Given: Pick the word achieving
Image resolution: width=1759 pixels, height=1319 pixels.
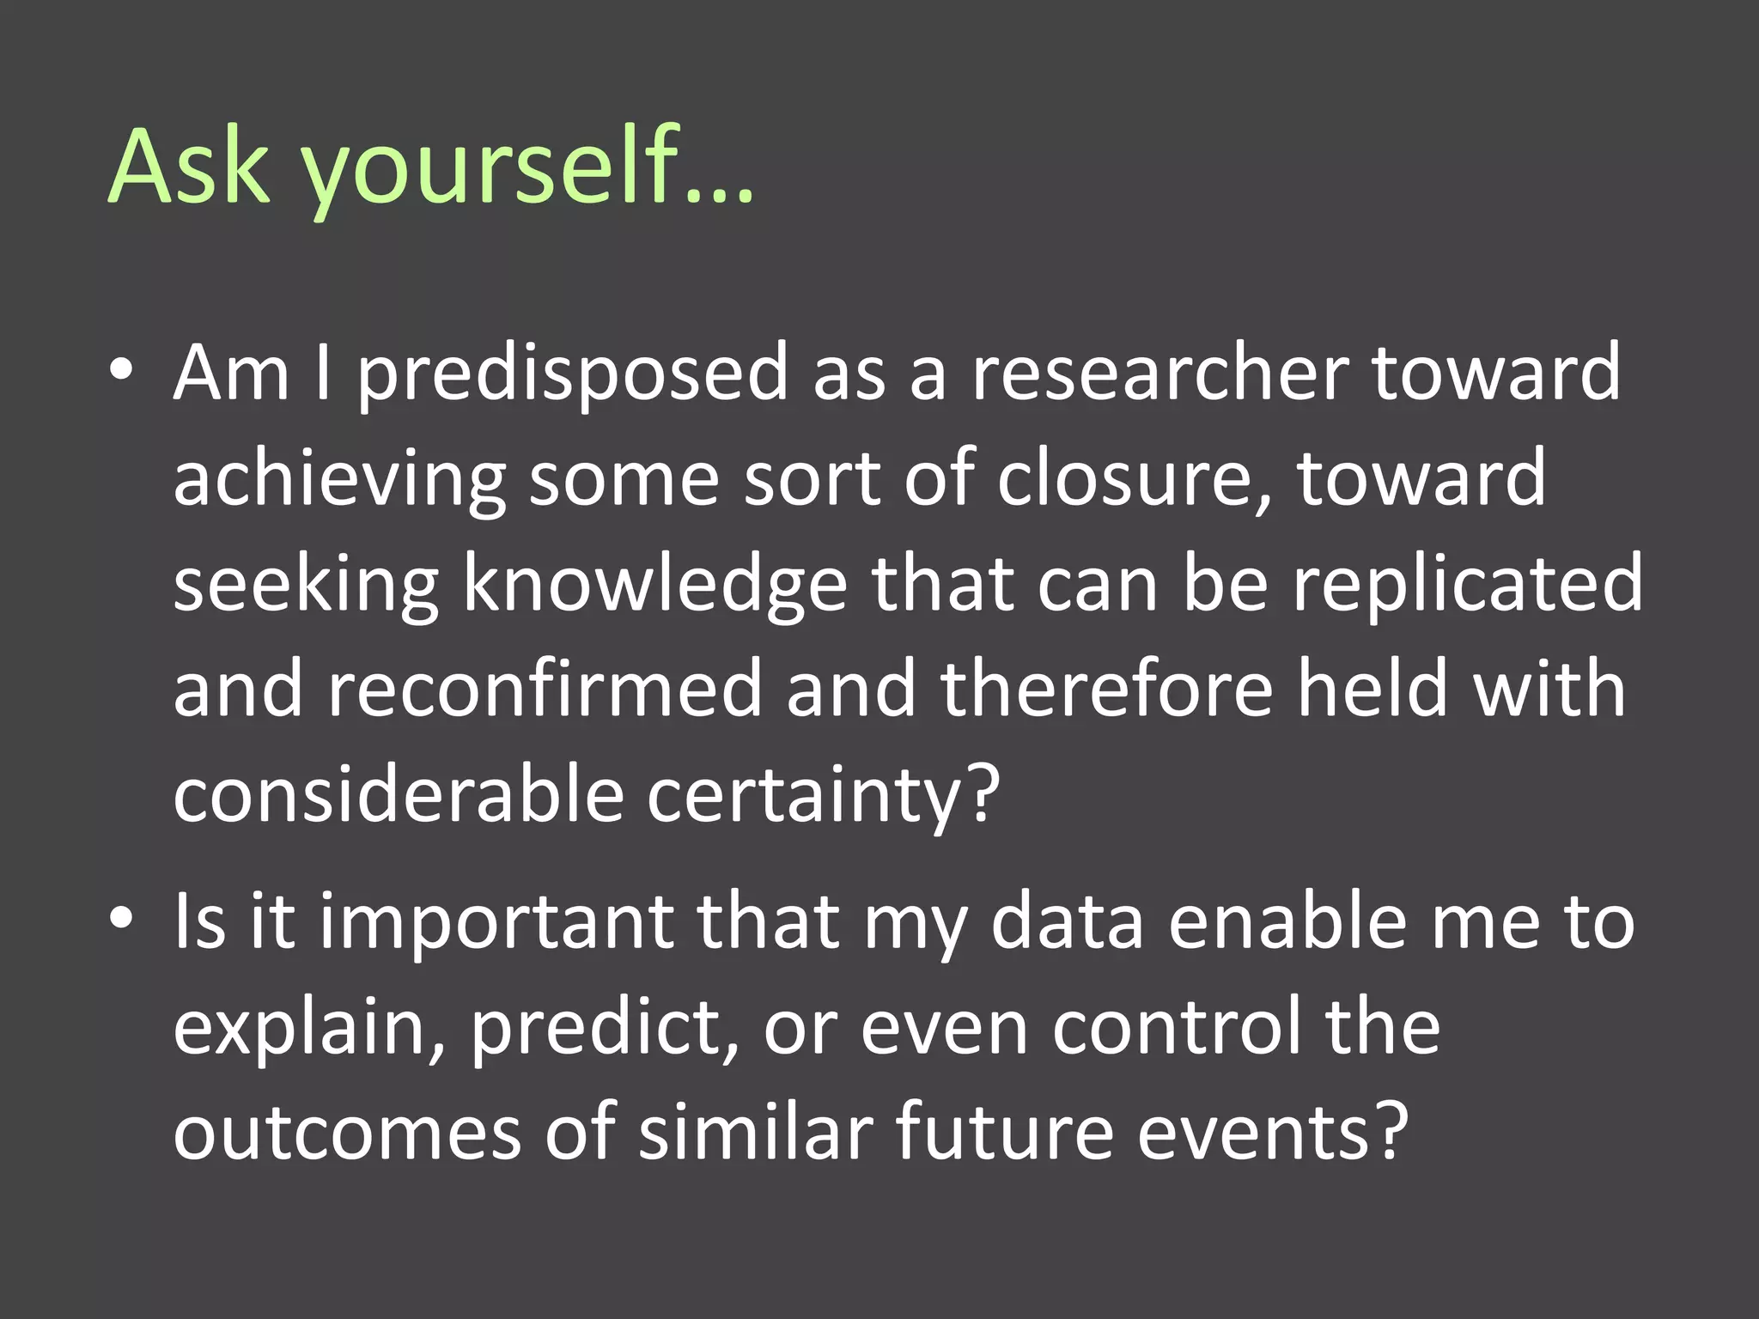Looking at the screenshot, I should point(340,481).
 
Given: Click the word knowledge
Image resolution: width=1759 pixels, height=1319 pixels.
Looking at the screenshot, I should point(656,586).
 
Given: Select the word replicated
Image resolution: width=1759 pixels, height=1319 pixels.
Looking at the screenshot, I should point(1468,586).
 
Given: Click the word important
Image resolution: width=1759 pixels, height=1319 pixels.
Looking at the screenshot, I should point(497,924).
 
